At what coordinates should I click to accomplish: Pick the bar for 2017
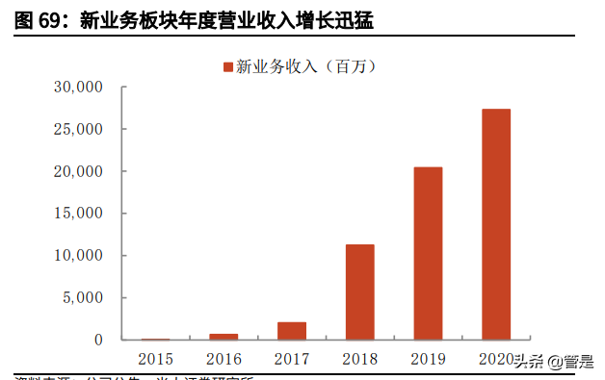[293, 331]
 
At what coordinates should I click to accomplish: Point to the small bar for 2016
[224, 337]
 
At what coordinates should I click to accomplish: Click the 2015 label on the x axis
[156, 360]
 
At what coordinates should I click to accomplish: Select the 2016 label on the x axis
[224, 360]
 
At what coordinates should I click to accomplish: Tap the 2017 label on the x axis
[293, 360]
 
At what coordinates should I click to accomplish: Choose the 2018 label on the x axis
[360, 360]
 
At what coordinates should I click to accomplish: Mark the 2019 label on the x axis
[429, 360]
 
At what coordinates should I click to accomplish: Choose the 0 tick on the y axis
[97, 340]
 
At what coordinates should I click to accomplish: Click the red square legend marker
[228, 66]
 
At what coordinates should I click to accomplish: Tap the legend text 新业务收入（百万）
[304, 66]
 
